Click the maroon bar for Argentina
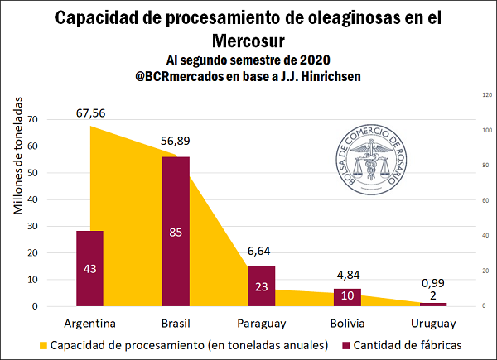coord(89,268)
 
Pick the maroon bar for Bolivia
coord(347,297)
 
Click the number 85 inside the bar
coord(175,232)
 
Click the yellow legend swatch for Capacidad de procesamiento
coord(42,344)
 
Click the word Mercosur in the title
coord(248,39)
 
